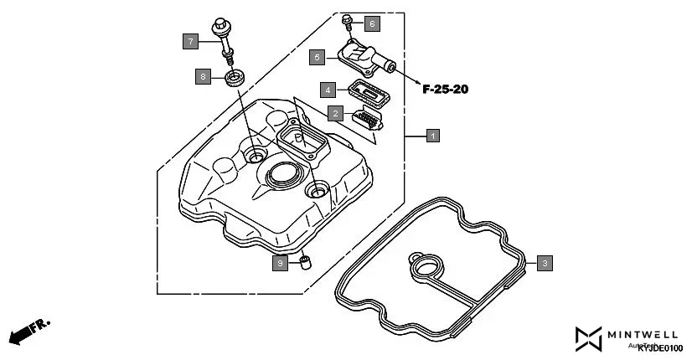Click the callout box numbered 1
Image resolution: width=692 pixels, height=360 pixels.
pos(432,135)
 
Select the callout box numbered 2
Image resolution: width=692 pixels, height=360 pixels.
pos(335,113)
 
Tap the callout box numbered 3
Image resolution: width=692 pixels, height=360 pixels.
pos(544,264)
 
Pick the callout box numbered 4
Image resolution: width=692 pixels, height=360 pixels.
pos(329,89)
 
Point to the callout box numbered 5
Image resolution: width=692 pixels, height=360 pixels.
pos(316,57)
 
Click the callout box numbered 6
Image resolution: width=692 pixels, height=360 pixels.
pos(371,23)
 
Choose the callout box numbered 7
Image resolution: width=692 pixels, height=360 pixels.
pos(191,40)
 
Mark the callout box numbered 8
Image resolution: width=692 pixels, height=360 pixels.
pos(202,77)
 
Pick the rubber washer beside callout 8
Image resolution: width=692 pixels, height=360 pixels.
pos(235,80)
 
